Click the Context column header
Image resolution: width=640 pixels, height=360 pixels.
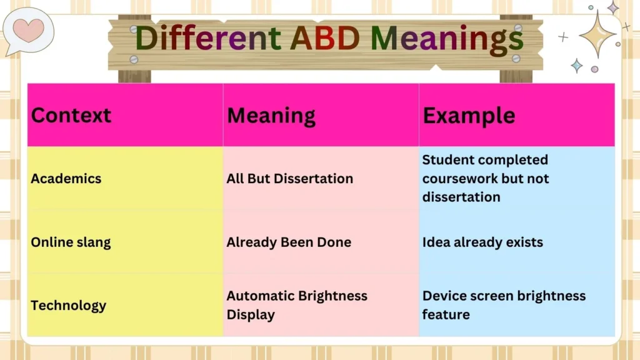click(71, 116)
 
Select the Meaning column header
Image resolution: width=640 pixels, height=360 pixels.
click(271, 116)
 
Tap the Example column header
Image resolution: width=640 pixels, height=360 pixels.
click(469, 116)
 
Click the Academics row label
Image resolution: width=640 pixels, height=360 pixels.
click(66, 179)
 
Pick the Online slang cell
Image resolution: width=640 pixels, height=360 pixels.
click(71, 242)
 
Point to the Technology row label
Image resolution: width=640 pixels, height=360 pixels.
click(68, 306)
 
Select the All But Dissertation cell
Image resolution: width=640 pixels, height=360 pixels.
click(289, 179)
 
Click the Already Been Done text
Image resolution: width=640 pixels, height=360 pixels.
click(289, 242)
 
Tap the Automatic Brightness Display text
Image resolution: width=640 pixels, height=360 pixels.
click(297, 305)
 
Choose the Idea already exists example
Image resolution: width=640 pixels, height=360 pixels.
click(482, 242)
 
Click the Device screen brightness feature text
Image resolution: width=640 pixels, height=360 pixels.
click(504, 305)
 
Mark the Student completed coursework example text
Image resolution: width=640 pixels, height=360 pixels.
click(485, 179)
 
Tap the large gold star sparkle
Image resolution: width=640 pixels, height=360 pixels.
click(597, 34)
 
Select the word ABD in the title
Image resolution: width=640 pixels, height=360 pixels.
click(326, 38)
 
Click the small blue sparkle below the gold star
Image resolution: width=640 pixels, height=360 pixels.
click(576, 66)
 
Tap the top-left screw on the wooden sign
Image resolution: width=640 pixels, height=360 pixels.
click(134, 29)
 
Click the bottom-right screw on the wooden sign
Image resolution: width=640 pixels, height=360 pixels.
click(516, 58)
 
